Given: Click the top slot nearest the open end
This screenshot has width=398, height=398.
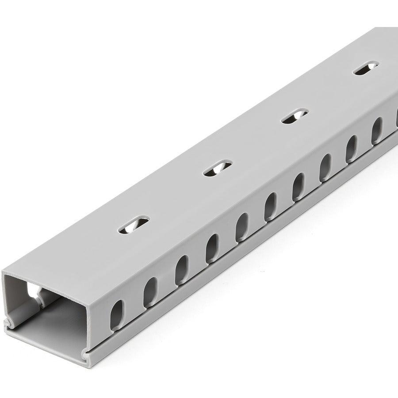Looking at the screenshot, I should point(134,224).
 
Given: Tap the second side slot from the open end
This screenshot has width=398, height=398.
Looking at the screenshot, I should point(150,292).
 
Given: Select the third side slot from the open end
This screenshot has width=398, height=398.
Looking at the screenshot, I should point(182,270).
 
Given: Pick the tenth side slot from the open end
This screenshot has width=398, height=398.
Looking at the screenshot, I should point(377,129).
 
